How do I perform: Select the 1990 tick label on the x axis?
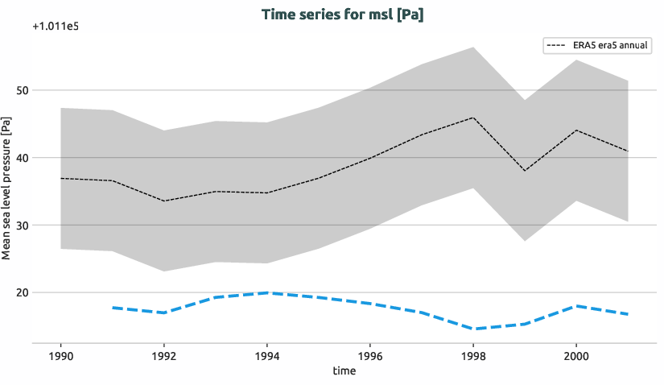(61, 355)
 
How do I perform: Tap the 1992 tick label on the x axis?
(164, 355)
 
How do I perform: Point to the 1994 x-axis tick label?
(267, 355)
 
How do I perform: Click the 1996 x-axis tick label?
(370, 355)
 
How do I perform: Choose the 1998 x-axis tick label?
(473, 355)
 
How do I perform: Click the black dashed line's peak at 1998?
(473, 118)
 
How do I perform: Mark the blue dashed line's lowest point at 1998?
(473, 329)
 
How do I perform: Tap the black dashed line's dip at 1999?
(525, 171)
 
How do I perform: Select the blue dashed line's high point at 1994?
(267, 292)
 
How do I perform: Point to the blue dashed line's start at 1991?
(113, 308)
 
